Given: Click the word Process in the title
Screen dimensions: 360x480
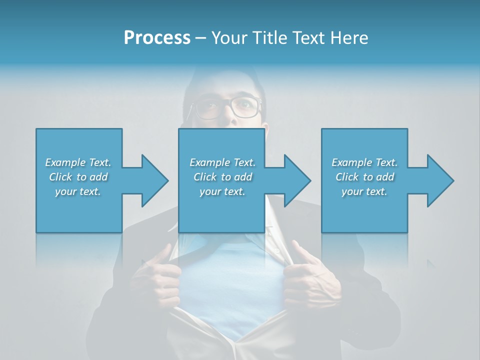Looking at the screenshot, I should (x=157, y=38).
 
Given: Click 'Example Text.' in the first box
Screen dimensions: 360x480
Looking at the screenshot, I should (x=78, y=162).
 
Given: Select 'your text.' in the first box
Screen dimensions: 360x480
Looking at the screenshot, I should (x=78, y=191).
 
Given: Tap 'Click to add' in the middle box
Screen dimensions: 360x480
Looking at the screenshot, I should (x=222, y=177).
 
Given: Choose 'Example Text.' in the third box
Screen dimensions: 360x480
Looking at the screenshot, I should (x=364, y=162).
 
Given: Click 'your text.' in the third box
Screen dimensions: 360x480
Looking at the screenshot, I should (x=364, y=191).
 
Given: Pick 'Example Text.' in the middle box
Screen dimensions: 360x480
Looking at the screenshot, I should (x=222, y=162).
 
